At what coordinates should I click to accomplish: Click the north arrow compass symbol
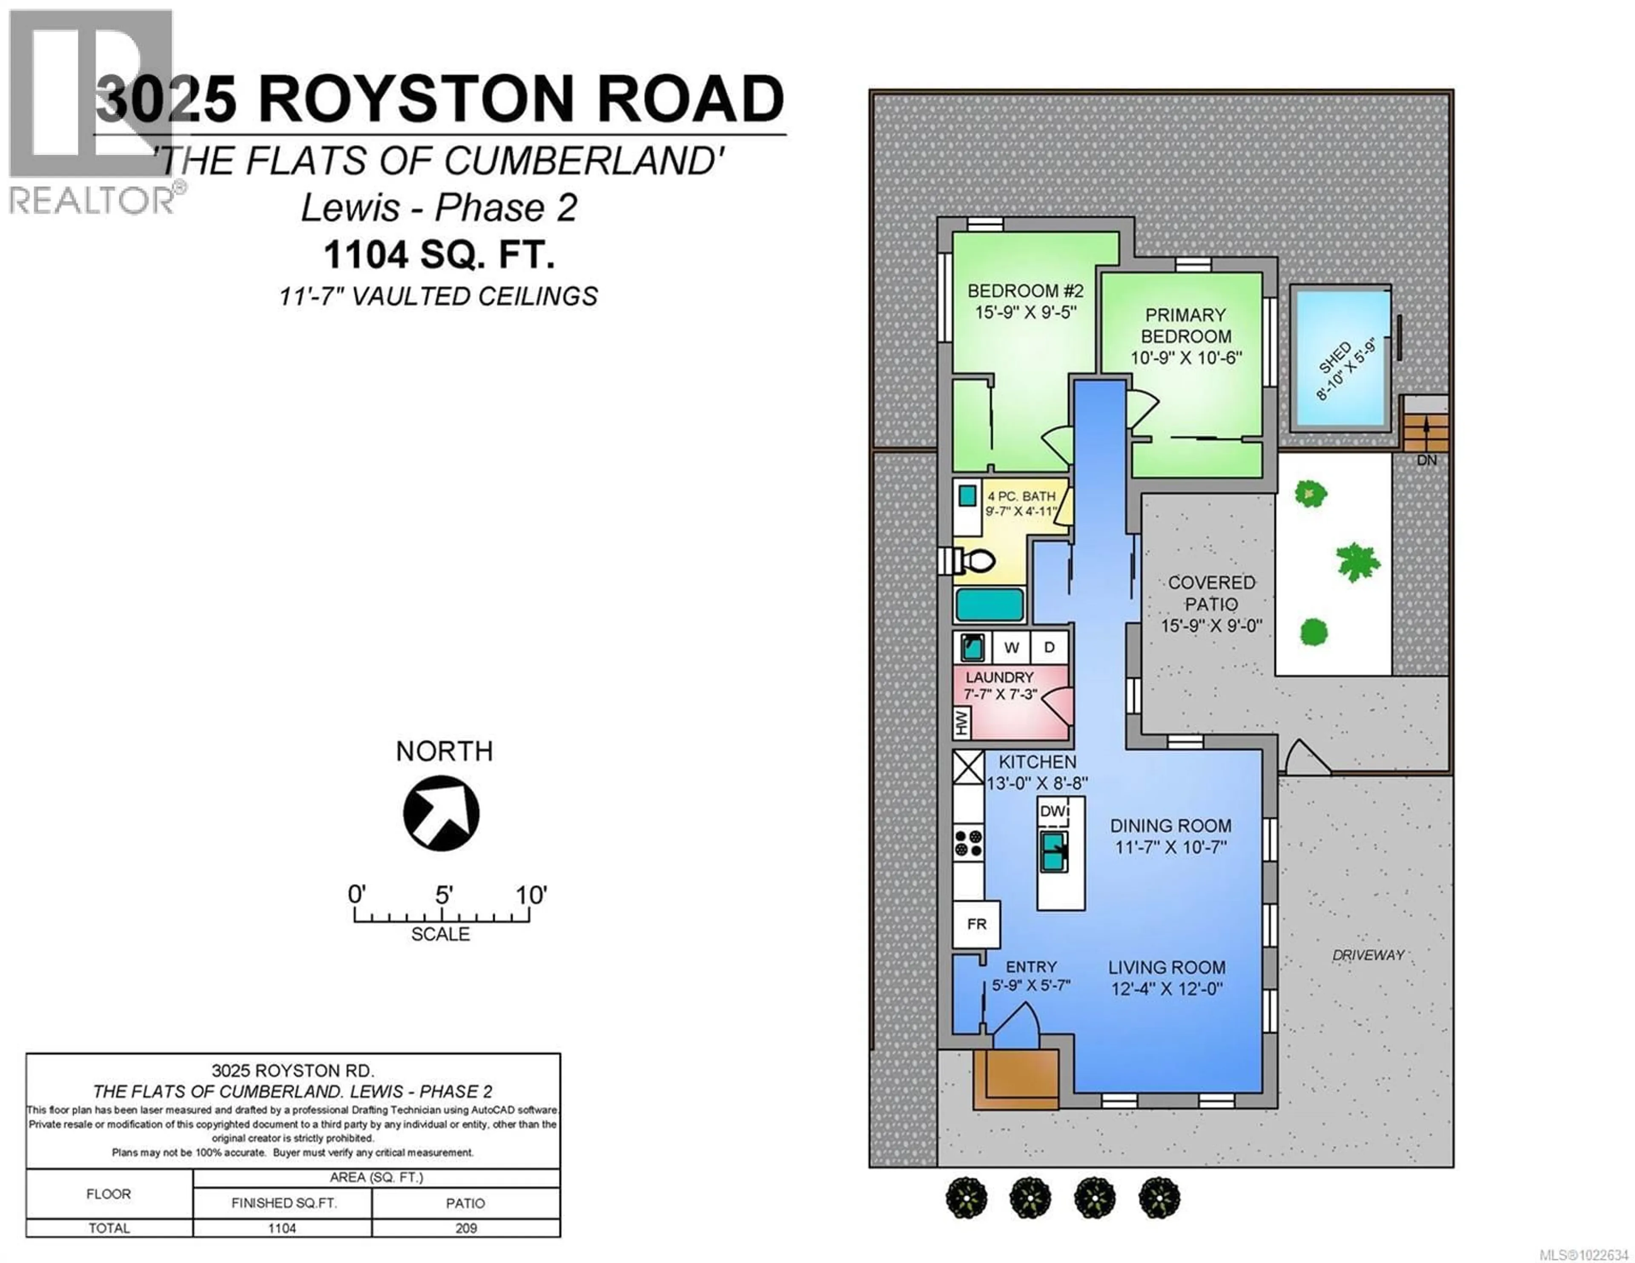(x=441, y=813)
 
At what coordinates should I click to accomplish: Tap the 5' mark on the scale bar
(x=442, y=896)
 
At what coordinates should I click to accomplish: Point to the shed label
(x=1345, y=370)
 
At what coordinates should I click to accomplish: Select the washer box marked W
(x=1011, y=647)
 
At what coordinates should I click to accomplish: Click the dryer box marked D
(x=1049, y=647)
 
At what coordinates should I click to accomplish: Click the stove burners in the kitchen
(x=968, y=843)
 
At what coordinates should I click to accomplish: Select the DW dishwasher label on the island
(x=1053, y=811)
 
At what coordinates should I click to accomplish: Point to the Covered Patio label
(x=1211, y=593)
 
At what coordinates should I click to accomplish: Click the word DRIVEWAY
(x=1368, y=954)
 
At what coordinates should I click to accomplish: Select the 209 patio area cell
(x=466, y=1228)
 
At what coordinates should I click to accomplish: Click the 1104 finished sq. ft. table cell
(x=282, y=1228)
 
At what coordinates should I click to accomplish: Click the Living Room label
(x=1166, y=967)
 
